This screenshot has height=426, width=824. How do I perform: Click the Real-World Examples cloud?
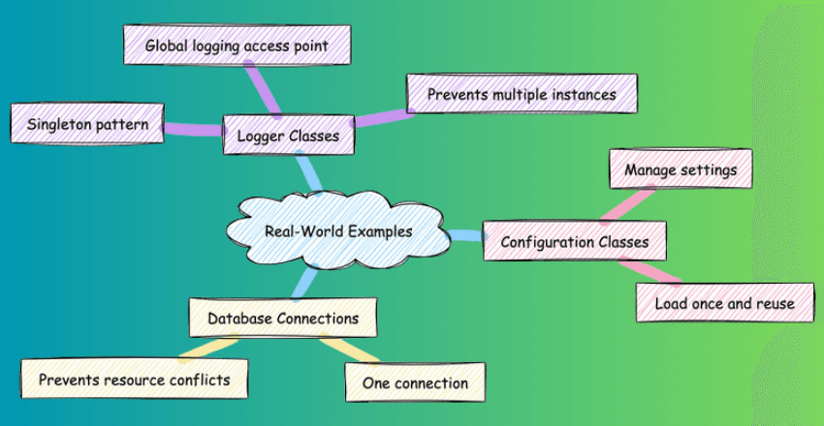[x=338, y=231]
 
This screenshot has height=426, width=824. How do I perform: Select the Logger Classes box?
[x=288, y=137]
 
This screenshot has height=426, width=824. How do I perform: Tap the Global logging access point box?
[x=237, y=46]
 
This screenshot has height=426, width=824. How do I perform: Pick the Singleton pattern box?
[x=87, y=125]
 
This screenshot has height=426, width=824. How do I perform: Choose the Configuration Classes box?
[x=574, y=241]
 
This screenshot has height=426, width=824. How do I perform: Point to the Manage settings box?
[x=680, y=170]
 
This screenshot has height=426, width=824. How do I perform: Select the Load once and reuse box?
[x=723, y=303]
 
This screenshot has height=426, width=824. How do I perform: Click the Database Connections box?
[x=282, y=318]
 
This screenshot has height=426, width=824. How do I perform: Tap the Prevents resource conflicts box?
[x=134, y=379]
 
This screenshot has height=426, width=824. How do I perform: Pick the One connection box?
[x=415, y=383]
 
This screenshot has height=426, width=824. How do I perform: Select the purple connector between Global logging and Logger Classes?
[x=263, y=89]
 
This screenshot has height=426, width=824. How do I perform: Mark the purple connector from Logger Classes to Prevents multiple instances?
[x=380, y=117]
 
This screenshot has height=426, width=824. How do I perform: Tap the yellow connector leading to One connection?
[x=341, y=350]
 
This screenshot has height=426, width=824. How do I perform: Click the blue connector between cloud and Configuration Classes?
[x=466, y=235]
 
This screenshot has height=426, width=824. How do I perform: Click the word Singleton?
[x=59, y=125]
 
